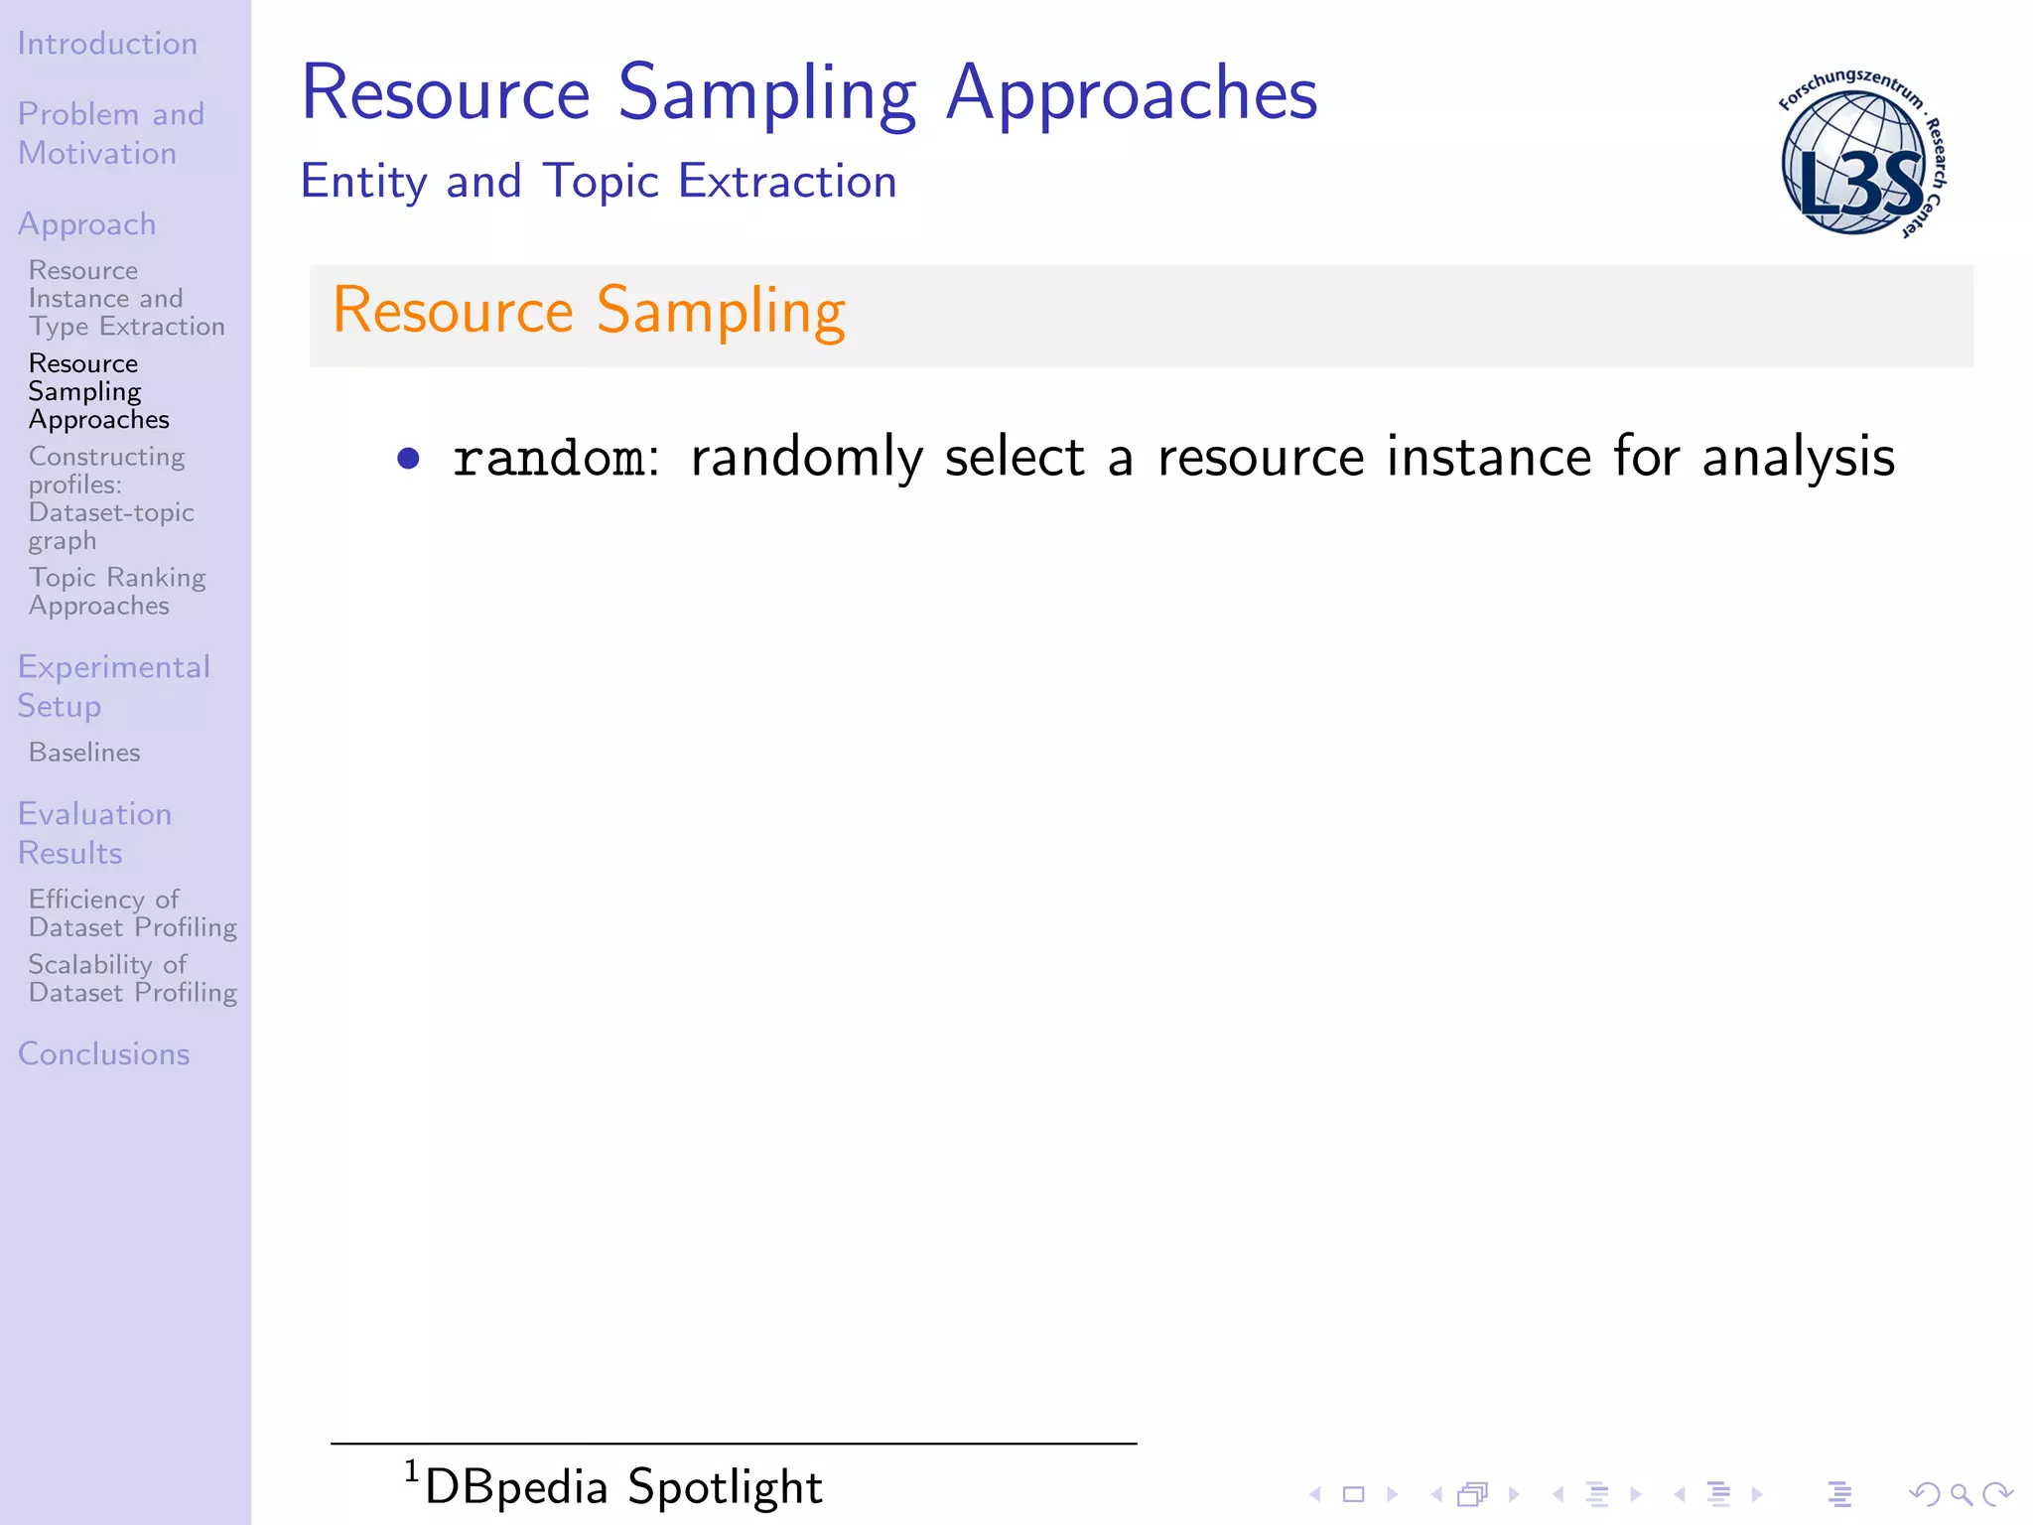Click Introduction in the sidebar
pos(107,44)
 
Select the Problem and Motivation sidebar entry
pos(110,133)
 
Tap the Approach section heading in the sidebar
pos(87,224)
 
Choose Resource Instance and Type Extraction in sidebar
pos(126,298)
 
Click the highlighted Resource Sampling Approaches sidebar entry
pos(98,391)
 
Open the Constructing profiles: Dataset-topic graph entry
pos(110,498)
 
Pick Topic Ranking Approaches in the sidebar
pos(116,591)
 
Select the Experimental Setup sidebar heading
pos(113,686)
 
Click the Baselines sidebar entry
pos(84,753)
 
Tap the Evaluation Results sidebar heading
pos(94,833)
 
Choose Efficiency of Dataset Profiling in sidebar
pos(132,912)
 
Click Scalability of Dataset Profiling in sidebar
pos(132,978)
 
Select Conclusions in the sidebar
pos(103,1053)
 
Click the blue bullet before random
pos(408,458)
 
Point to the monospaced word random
pos(548,458)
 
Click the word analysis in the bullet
pos(1798,458)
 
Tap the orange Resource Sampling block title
pos(589,310)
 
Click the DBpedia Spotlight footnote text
pos(622,1486)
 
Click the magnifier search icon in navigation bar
pos(1961,1494)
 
